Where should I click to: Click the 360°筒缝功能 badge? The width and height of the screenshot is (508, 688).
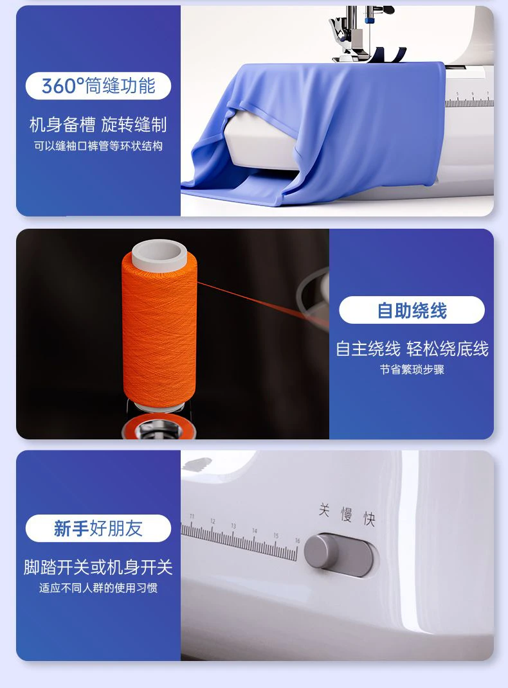tap(98, 85)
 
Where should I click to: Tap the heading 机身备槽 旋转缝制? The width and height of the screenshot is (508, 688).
tap(98, 125)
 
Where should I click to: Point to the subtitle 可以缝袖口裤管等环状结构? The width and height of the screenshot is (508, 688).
tap(98, 146)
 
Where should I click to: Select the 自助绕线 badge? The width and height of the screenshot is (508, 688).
tap(412, 310)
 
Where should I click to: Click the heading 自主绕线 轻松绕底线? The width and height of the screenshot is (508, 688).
tap(412, 349)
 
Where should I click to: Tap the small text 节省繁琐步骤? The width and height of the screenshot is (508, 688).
tap(412, 369)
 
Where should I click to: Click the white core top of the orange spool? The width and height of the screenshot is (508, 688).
tap(159, 254)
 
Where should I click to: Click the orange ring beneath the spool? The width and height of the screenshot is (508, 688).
tap(158, 427)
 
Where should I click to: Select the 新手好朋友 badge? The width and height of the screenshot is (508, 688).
tap(98, 528)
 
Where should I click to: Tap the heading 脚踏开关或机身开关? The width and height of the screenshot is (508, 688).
tap(98, 567)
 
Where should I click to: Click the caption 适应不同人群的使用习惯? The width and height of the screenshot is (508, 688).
tap(98, 588)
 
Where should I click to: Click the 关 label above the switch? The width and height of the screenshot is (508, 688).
tap(324, 510)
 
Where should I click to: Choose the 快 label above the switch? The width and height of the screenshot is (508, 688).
tap(369, 519)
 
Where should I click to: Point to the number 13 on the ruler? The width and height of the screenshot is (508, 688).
tap(233, 525)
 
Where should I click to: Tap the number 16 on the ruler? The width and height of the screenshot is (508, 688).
tap(297, 541)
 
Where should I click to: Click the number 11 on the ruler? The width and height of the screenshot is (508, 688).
tap(192, 516)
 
